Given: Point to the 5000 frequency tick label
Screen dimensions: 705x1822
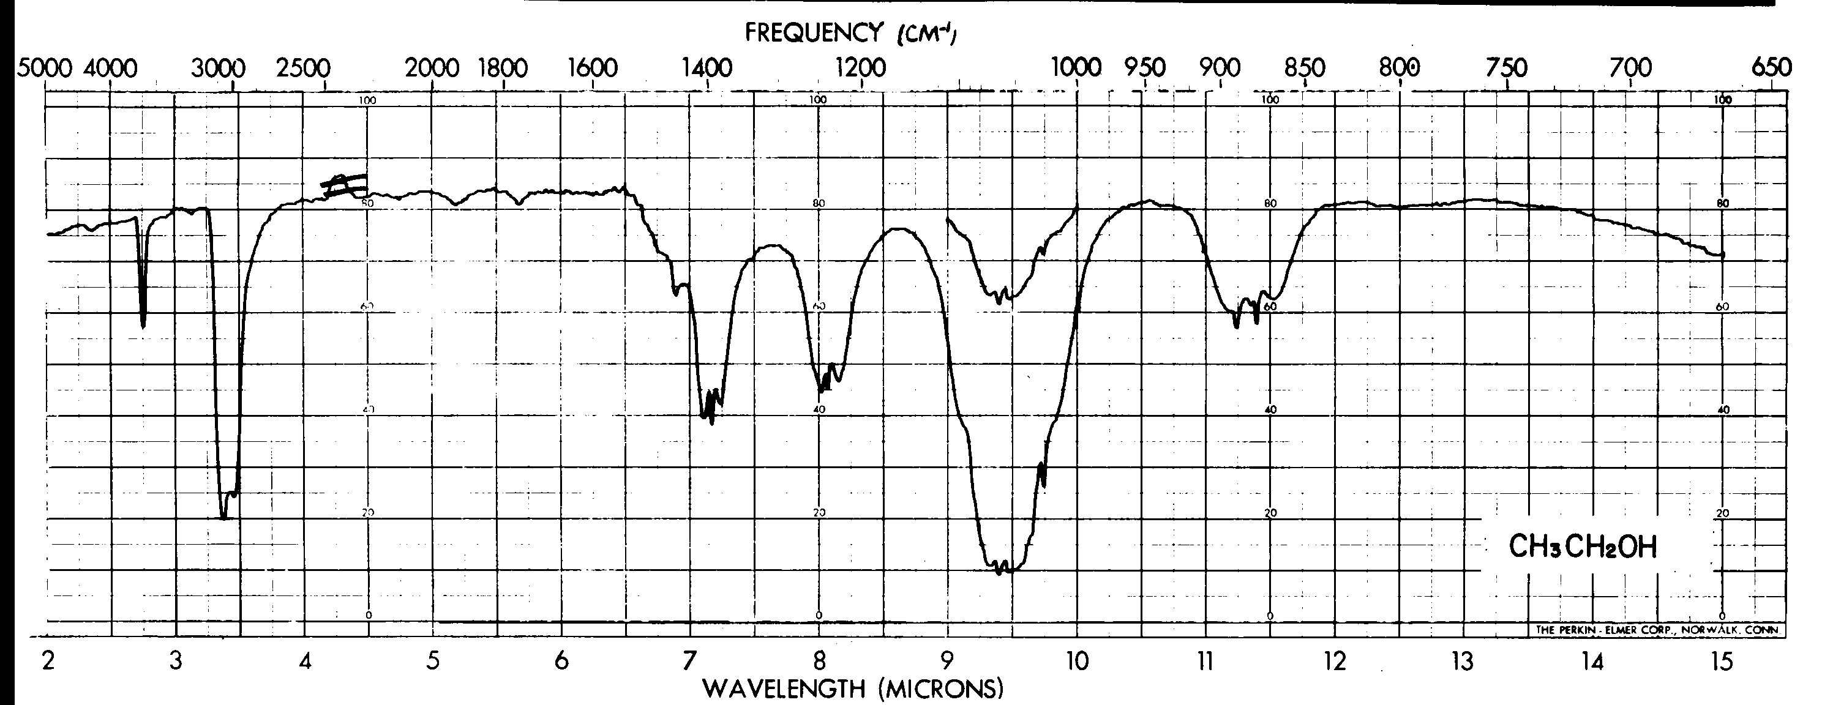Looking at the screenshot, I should pyautogui.click(x=45, y=69).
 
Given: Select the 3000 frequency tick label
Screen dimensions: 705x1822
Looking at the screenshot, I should pyautogui.click(x=218, y=69).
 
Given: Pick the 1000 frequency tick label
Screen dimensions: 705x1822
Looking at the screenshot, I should pyautogui.click(x=1076, y=68).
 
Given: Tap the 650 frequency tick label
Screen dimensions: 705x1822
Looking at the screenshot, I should pyautogui.click(x=1771, y=68).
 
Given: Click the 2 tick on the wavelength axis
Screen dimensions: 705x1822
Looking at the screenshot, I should pyautogui.click(x=47, y=662).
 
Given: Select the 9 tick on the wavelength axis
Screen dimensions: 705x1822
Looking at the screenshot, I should pyautogui.click(x=947, y=662).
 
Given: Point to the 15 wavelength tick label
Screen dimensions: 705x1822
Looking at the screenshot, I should pyautogui.click(x=1722, y=662).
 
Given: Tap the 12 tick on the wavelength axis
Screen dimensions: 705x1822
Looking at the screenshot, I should pyautogui.click(x=1335, y=662).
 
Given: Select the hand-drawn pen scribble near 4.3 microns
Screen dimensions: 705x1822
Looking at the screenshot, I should pyautogui.click(x=343, y=185).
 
